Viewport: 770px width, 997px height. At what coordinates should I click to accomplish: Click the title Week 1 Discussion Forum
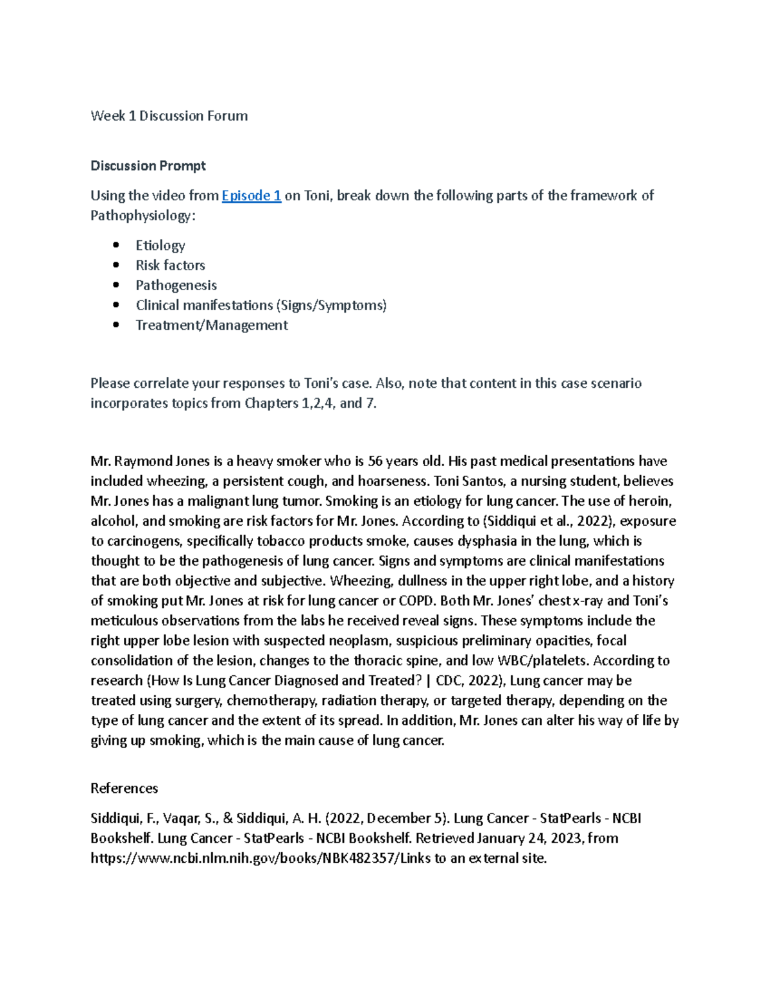pyautogui.click(x=169, y=116)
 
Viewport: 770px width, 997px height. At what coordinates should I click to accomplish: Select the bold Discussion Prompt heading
pyautogui.click(x=148, y=166)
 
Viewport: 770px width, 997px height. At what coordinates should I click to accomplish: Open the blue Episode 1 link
pyautogui.click(x=251, y=196)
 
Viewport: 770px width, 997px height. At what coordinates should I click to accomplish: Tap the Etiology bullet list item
pyautogui.click(x=160, y=245)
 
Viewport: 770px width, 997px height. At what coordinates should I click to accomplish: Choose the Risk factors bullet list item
pyautogui.click(x=170, y=265)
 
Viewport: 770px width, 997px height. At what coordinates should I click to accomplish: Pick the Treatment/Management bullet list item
pyautogui.click(x=211, y=325)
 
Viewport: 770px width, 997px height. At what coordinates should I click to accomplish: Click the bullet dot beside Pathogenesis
pyautogui.click(x=116, y=285)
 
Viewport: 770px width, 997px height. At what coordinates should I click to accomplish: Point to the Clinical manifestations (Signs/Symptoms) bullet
pyautogui.click(x=261, y=306)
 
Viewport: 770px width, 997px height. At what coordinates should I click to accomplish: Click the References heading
pyautogui.click(x=124, y=788)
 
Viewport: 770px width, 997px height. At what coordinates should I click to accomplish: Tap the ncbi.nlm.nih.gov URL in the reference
pyautogui.click(x=244, y=858)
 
